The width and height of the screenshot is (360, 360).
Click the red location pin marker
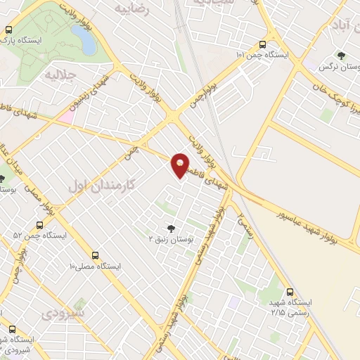click(180, 165)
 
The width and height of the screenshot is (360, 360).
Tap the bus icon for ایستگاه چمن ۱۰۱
click(262, 44)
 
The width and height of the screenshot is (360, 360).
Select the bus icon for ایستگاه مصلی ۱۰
click(95, 255)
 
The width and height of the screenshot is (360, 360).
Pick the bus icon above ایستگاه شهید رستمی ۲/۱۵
click(290, 291)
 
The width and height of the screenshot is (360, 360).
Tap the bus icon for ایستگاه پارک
click(8, 30)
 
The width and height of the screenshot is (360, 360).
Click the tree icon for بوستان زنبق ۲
click(170, 228)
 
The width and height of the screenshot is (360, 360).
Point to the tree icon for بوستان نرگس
click(341, 55)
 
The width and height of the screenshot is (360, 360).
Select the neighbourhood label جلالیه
click(60, 73)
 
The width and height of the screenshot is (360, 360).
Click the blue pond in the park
click(89, 42)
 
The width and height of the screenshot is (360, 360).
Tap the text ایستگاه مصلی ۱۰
click(96, 267)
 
